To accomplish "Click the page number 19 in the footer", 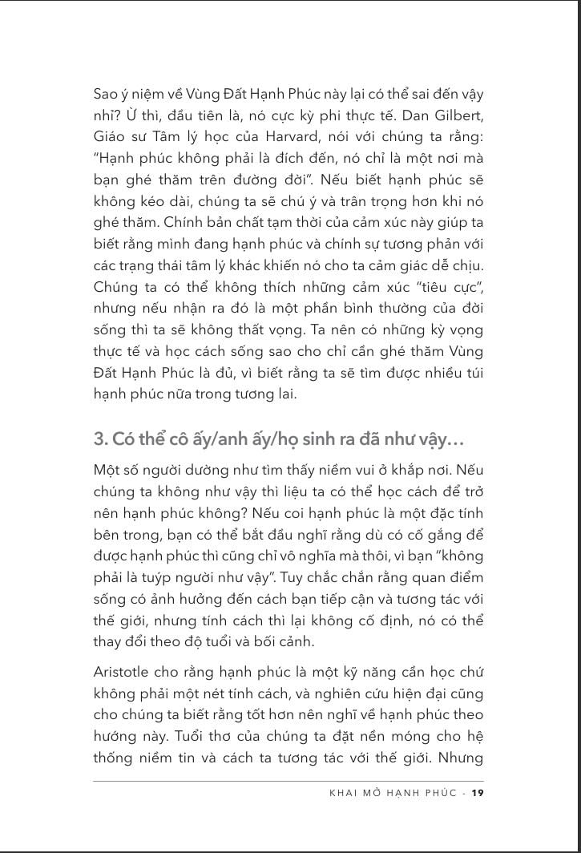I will click(x=478, y=793).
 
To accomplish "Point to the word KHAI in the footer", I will click(x=345, y=793).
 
